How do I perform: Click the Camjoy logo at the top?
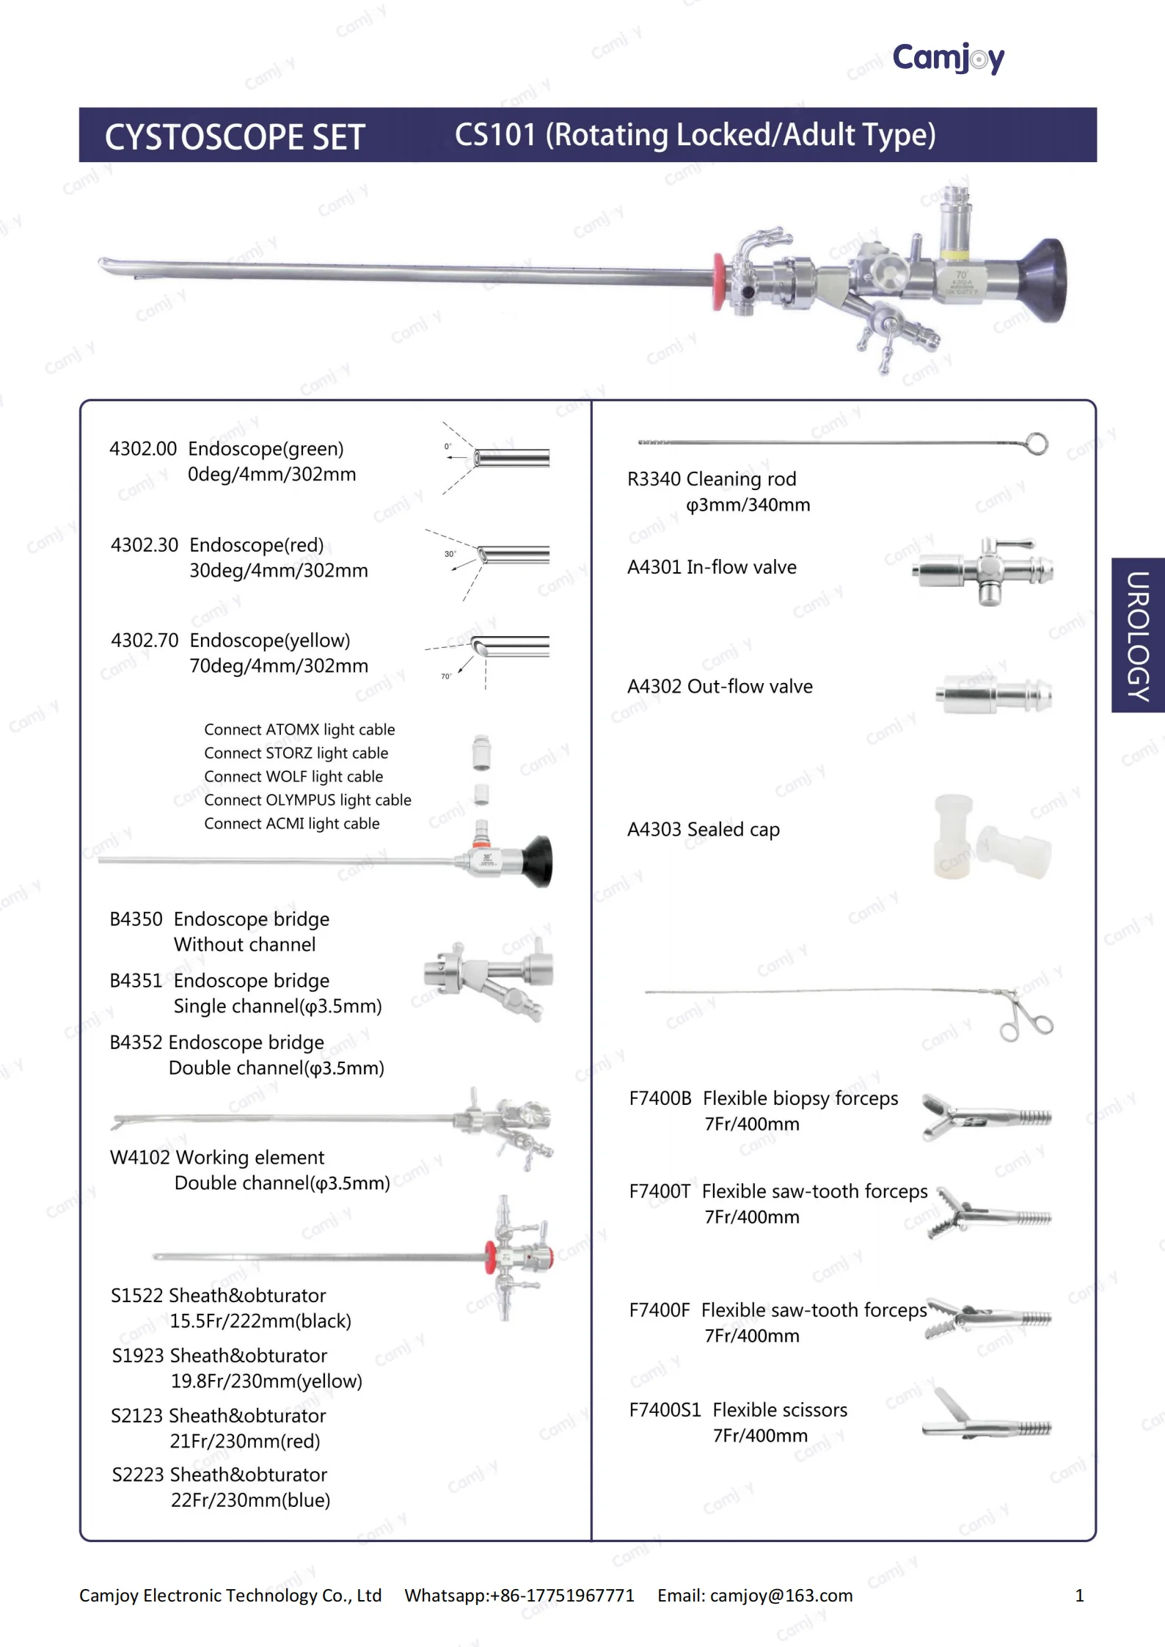[947, 57]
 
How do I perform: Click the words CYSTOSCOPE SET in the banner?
[235, 137]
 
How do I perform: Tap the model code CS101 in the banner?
[495, 135]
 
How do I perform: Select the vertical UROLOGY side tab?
[1138, 635]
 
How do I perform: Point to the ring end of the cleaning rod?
[1036, 444]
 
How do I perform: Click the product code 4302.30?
[145, 545]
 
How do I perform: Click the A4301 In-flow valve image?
[983, 571]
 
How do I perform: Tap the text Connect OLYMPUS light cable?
[307, 800]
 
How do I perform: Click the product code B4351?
[136, 981]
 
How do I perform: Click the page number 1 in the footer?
[1079, 1596]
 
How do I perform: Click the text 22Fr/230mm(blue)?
[250, 1500]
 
